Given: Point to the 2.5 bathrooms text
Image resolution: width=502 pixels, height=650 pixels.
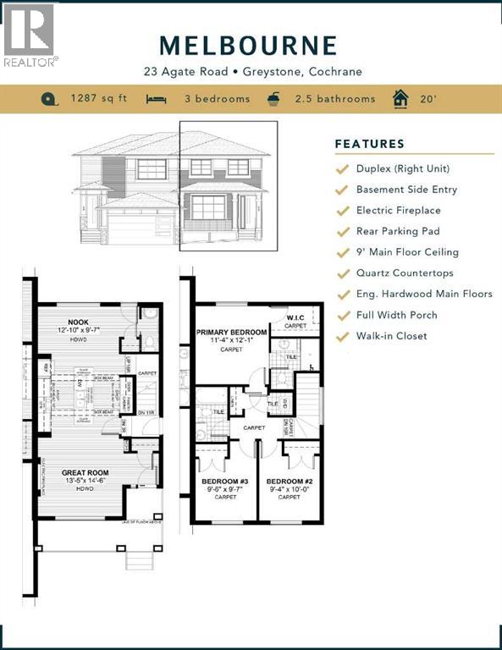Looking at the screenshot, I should (x=334, y=99).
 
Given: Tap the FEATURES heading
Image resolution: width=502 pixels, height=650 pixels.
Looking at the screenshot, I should (x=370, y=144).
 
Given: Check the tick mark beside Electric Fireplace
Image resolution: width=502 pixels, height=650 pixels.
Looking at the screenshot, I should (x=342, y=211).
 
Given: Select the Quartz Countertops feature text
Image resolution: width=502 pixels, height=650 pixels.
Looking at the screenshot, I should (x=405, y=273).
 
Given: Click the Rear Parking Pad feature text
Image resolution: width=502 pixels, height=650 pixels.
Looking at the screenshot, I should (x=398, y=231).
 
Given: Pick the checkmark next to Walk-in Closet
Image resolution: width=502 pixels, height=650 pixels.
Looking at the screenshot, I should (x=342, y=337).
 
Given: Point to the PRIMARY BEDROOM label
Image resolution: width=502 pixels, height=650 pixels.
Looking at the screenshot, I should (x=232, y=333).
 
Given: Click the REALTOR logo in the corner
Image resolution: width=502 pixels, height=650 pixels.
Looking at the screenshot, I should (x=30, y=35).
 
